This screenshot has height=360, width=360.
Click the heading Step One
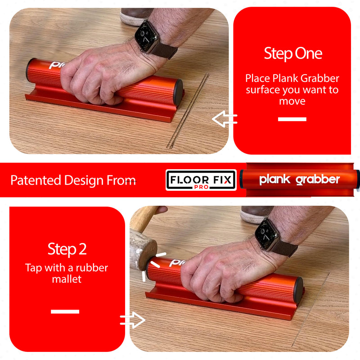click(292, 54)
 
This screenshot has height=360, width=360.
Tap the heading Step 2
click(67, 249)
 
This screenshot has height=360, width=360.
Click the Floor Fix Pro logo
click(201, 180)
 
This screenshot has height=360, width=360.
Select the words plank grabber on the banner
click(299, 180)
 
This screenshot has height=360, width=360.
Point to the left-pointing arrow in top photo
click(224, 119)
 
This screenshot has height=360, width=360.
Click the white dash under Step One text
click(292, 119)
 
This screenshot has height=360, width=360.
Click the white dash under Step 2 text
click(65, 311)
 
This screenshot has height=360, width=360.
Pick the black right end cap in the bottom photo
click(298, 290)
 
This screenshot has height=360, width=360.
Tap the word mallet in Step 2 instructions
click(67, 279)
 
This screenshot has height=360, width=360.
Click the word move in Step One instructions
click(292, 101)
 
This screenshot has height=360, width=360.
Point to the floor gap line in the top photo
click(189, 110)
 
